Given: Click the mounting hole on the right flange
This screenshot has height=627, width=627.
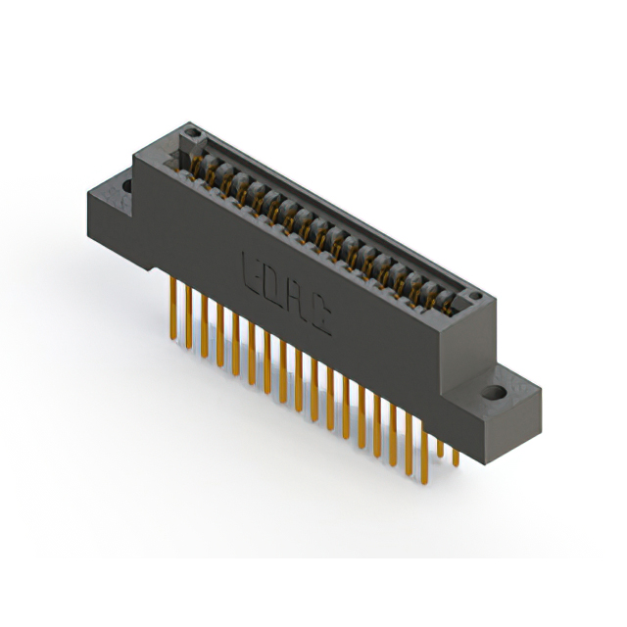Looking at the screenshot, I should pos(495,394).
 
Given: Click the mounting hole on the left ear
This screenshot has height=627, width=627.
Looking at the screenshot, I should pos(126,185).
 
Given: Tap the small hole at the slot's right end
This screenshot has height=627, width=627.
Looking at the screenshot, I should pos(474,294).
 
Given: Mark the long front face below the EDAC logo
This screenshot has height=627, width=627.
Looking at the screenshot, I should pos(323,353).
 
